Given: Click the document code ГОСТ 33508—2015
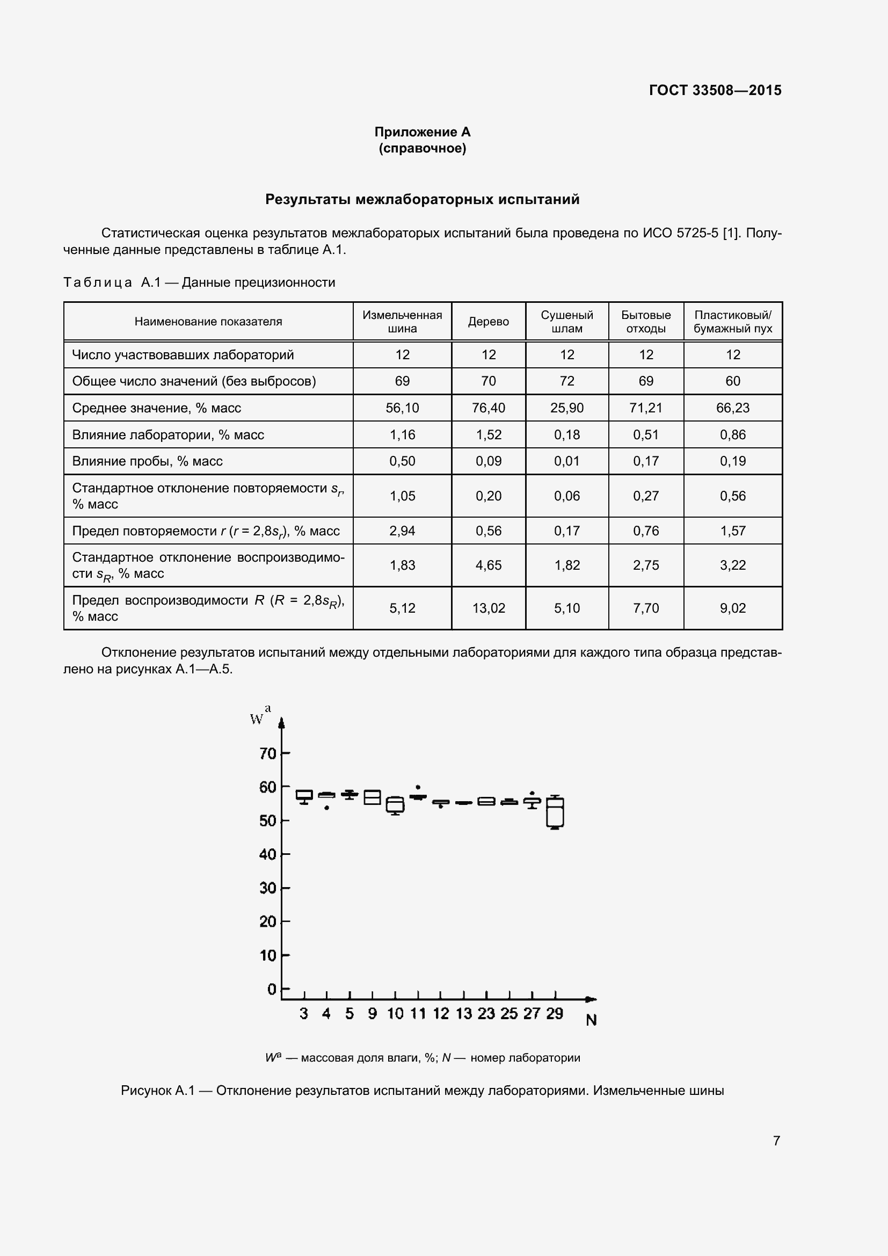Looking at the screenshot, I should pyautogui.click(x=715, y=90).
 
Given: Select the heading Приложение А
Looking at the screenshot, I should pyautogui.click(x=422, y=132).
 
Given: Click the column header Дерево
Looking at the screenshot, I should pyautogui.click(x=488, y=322).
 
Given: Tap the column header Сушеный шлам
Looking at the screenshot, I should pyautogui.click(x=566, y=322).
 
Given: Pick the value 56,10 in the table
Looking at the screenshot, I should pyautogui.click(x=402, y=408).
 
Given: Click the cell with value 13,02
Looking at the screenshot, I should pyautogui.click(x=488, y=608).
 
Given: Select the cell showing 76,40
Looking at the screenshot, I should pyautogui.click(x=488, y=408).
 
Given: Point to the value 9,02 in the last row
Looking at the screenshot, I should pyautogui.click(x=732, y=608).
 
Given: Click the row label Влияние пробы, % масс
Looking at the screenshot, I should pyautogui.click(x=148, y=461).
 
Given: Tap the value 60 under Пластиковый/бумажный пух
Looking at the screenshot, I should pyautogui.click(x=732, y=381).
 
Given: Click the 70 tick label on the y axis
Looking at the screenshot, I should pyautogui.click(x=268, y=754).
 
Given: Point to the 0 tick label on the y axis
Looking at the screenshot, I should pyautogui.click(x=272, y=989).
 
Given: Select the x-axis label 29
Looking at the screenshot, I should pyautogui.click(x=555, y=1014).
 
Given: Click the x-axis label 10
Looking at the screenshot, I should pyautogui.click(x=395, y=1014).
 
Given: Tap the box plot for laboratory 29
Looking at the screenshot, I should pyautogui.click(x=555, y=812).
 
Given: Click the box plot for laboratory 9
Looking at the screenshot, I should pyautogui.click(x=373, y=797).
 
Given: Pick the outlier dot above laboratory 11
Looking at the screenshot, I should pyautogui.click(x=418, y=787).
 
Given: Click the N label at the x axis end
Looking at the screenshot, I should pyautogui.click(x=591, y=1020).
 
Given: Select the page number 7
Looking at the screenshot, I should pyautogui.click(x=776, y=1141).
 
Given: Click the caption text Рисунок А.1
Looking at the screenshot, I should pyautogui.click(x=157, y=1091).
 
